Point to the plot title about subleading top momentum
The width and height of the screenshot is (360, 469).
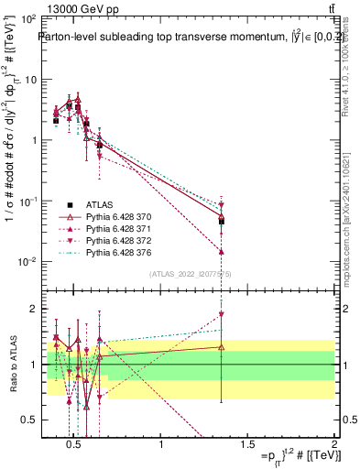(x=183, y=38)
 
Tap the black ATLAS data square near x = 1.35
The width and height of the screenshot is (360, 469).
(x=222, y=222)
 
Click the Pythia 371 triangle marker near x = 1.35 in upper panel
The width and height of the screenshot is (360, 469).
(x=222, y=251)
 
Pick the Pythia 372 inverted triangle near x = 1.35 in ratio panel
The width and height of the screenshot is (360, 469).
(x=222, y=314)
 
